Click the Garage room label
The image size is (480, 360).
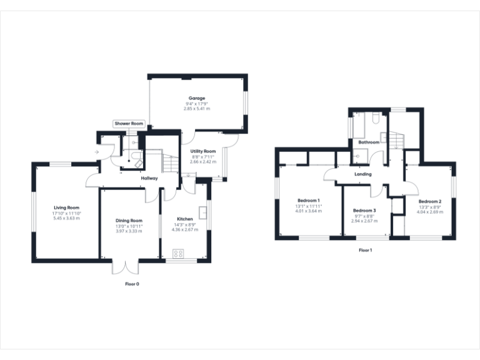(197, 98)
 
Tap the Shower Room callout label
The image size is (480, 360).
(129, 124)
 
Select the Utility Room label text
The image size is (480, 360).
(203, 151)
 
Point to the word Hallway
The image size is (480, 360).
(149, 179)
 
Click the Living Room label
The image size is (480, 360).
(66, 207)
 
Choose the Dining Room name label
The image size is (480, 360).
(129, 221)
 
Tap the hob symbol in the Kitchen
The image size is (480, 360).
(177, 253)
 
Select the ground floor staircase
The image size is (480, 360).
(171, 163)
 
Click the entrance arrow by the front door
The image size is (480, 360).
(96, 152)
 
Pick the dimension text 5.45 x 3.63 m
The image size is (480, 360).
(66, 218)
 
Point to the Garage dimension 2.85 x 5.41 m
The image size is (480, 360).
(197, 109)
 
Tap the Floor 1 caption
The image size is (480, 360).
(365, 250)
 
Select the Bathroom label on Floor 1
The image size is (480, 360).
(369, 142)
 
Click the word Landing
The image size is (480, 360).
(362, 174)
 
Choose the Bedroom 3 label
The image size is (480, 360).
(364, 211)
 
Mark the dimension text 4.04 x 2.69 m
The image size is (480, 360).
(430, 211)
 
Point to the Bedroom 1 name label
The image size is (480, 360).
(308, 201)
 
